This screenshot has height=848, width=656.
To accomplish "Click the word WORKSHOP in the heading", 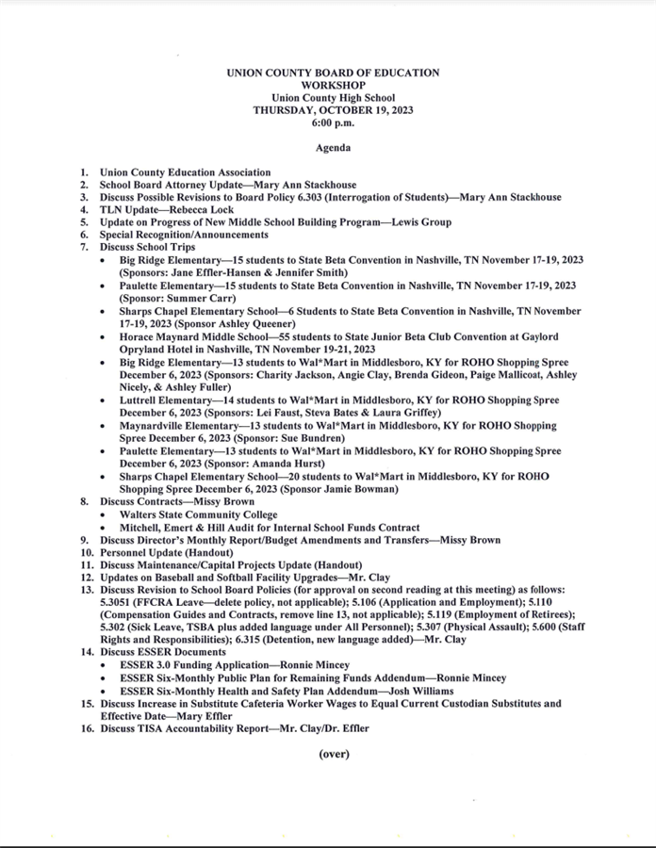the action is [x=333, y=85].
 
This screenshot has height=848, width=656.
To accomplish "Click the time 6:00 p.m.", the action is [x=333, y=122].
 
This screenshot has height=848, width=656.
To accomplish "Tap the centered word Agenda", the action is [x=333, y=148].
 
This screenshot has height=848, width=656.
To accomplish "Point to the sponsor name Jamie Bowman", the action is [x=354, y=489].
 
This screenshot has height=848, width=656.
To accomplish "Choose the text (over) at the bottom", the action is [x=333, y=754].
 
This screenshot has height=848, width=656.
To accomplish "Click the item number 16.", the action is [x=87, y=728].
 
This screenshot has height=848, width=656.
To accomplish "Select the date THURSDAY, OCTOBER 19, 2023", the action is [x=333, y=110].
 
